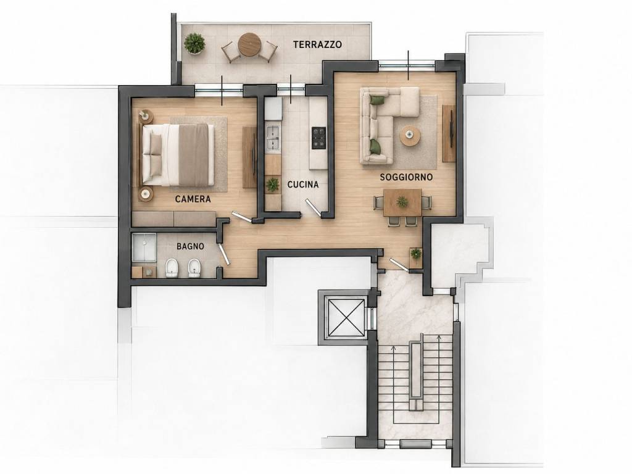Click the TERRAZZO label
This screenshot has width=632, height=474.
[317, 44]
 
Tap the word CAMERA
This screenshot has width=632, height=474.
[193, 199]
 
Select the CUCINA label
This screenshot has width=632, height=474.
[302, 185]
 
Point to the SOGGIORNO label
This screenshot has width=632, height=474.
[406, 177]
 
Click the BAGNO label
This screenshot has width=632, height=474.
[190, 246]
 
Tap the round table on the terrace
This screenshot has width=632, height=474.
[249, 45]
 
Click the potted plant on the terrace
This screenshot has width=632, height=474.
[194, 43]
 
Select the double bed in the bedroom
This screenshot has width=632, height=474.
[177, 155]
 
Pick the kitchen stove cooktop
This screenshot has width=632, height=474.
[318, 138]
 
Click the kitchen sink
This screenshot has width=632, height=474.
[273, 138]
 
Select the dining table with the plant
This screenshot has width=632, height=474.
[402, 202]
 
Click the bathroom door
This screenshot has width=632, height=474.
[223, 254]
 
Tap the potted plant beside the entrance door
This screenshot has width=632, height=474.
[415, 254]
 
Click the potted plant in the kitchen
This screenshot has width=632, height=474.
[273, 185]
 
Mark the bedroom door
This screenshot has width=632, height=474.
[242, 217]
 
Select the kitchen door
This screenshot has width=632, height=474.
[312, 208]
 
